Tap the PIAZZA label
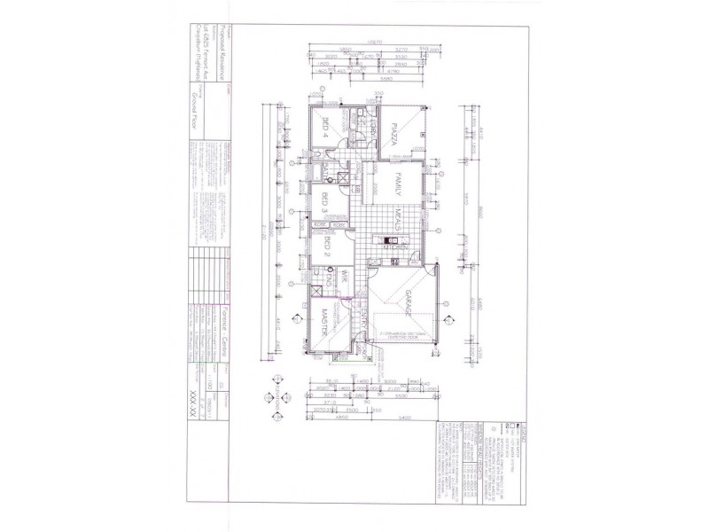(399, 135)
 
